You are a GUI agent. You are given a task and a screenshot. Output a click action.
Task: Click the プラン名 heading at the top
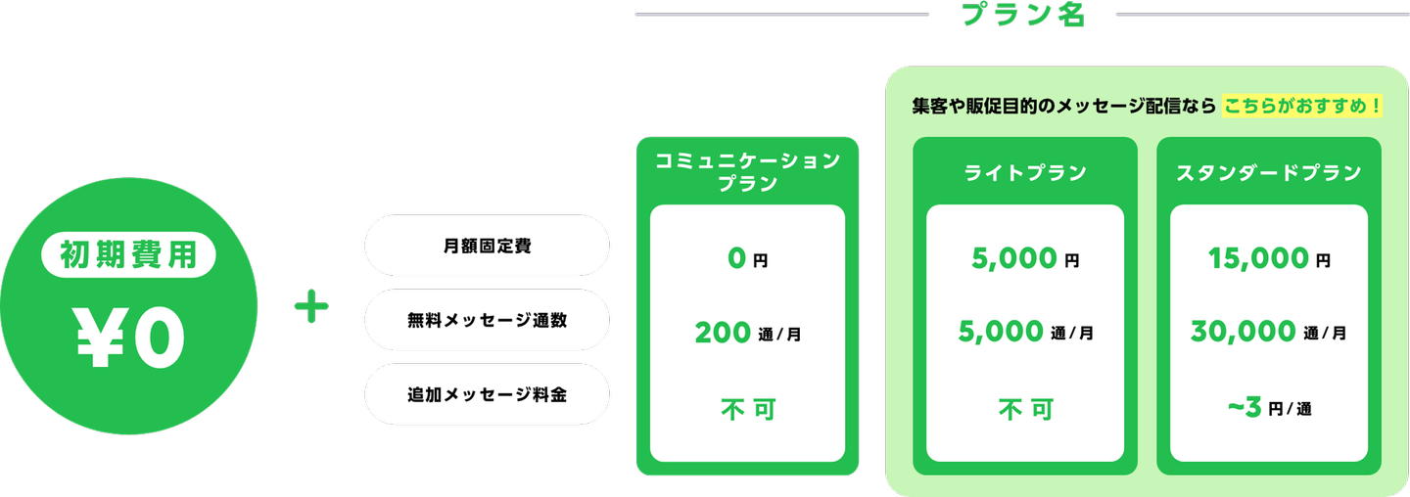point(1023,14)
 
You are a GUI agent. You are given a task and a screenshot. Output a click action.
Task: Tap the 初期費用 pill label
point(128,254)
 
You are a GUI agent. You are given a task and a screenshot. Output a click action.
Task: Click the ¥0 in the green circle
point(130,337)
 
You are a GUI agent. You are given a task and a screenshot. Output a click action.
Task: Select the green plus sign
point(311,306)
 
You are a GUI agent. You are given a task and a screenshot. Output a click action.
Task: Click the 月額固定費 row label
point(488,246)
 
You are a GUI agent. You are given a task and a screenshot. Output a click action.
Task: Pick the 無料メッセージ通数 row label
point(488,320)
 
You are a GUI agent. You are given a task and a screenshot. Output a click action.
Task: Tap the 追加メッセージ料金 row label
point(488,394)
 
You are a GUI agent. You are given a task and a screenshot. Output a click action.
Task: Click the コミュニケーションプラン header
point(748,171)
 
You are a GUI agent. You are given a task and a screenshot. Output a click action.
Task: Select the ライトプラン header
point(1025,172)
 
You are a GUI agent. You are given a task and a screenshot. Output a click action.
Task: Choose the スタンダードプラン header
point(1269,172)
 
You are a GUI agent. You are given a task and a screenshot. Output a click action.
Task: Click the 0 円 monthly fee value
point(748,258)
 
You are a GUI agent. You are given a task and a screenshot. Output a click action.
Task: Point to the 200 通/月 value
point(748,333)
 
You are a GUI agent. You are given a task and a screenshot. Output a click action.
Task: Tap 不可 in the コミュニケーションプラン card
point(748,410)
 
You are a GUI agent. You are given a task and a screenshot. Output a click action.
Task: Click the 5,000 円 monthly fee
point(1025,258)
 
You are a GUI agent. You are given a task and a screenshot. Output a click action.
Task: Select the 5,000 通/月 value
point(1025,332)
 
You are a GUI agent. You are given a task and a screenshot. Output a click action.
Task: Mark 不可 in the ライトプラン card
point(1025,410)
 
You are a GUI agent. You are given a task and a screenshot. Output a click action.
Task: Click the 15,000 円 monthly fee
point(1269,258)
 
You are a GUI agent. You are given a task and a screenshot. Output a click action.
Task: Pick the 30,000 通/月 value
point(1269,332)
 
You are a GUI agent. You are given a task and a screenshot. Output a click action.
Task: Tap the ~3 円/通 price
point(1269,408)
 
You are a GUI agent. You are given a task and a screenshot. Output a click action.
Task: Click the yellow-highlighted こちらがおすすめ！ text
point(1302,106)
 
